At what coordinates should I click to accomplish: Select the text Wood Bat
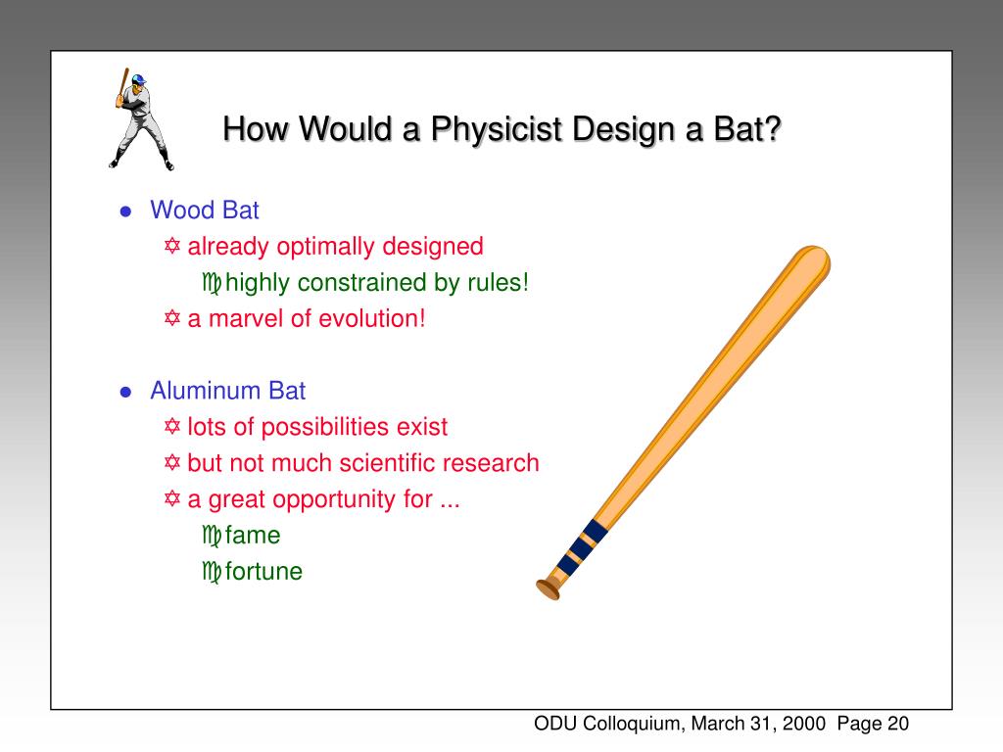pos(204,210)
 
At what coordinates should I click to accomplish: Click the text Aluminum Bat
pos(227,391)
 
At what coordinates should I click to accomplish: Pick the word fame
pos(253,536)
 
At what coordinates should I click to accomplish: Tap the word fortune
pos(263,572)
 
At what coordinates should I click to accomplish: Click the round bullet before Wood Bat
pos(125,211)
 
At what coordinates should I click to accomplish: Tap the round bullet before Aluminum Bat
pos(125,393)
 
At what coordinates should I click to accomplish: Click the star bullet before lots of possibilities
pos(172,427)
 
